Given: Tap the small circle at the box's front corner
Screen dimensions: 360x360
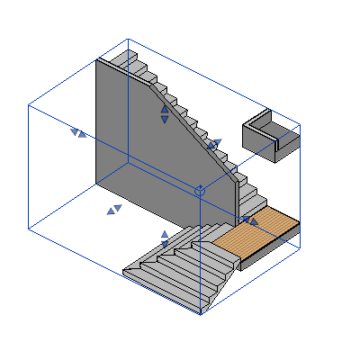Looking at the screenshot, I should click(x=200, y=191).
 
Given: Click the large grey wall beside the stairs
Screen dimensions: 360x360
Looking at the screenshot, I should click(x=144, y=144).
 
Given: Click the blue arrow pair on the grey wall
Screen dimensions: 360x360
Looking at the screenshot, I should click(x=165, y=114).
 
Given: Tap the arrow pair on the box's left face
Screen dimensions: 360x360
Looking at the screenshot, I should click(x=78, y=133).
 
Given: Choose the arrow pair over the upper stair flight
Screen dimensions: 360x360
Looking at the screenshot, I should click(x=214, y=143).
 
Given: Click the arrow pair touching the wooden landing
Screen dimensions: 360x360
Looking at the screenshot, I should click(x=249, y=219).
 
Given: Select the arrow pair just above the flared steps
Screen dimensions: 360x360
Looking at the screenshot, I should click(x=165, y=238).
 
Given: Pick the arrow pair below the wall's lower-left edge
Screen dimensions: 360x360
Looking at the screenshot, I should click(x=114, y=210).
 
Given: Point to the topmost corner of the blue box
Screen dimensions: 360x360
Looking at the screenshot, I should click(x=128, y=39).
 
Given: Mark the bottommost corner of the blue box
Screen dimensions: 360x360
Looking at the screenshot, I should click(x=200, y=314).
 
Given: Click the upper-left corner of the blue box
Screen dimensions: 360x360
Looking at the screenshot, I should click(x=29, y=105).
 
